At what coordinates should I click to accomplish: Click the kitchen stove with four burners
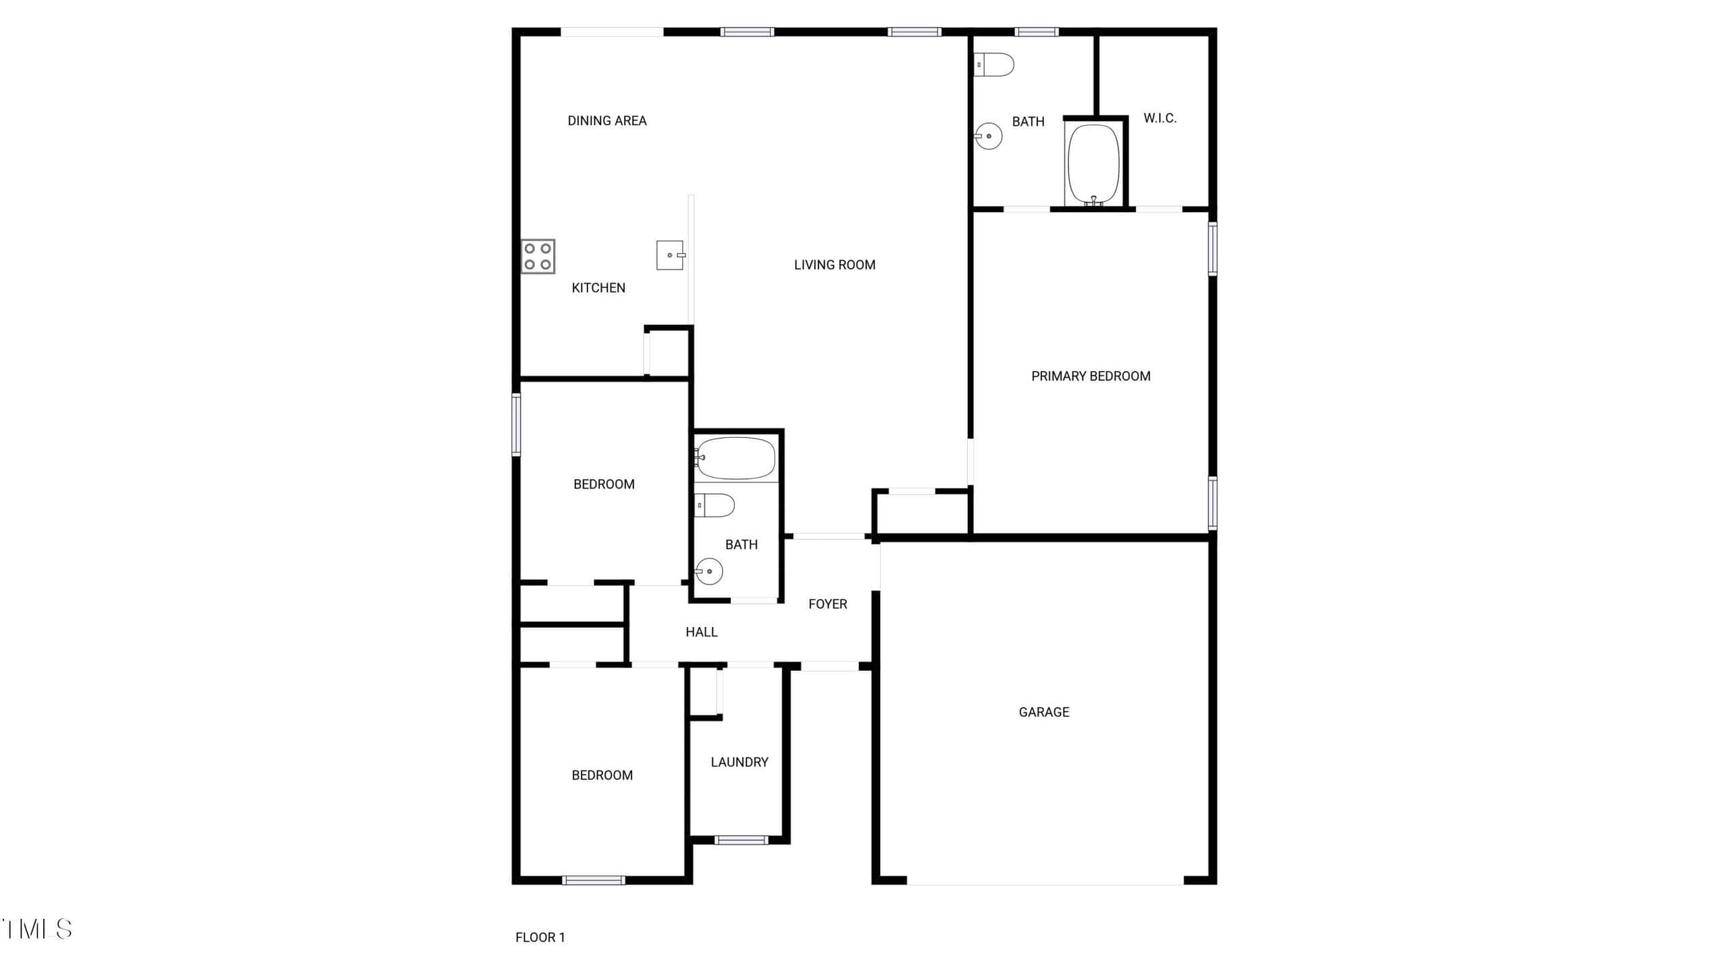(x=538, y=256)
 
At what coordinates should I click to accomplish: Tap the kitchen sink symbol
(x=671, y=255)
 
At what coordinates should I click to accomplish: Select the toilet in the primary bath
(x=993, y=65)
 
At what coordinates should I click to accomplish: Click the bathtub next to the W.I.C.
(x=1093, y=164)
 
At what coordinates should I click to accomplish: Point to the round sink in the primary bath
(x=988, y=136)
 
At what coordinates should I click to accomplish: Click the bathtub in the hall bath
(x=736, y=458)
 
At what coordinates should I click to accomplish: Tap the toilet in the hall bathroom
(x=715, y=505)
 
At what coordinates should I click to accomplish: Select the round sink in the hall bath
(x=709, y=572)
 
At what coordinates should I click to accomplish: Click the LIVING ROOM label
(x=835, y=265)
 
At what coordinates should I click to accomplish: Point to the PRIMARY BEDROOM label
(x=1091, y=376)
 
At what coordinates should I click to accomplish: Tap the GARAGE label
(x=1044, y=712)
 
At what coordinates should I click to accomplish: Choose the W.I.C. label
(x=1160, y=118)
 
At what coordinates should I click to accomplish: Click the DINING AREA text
(x=607, y=121)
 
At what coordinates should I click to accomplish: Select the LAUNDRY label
(x=740, y=762)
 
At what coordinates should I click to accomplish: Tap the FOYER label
(x=828, y=604)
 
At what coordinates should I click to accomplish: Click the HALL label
(x=702, y=632)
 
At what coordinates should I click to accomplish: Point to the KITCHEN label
(x=598, y=288)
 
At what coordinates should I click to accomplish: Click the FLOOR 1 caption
(x=540, y=937)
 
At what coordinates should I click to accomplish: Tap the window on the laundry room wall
(x=742, y=840)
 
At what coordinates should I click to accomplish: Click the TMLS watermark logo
(x=36, y=929)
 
